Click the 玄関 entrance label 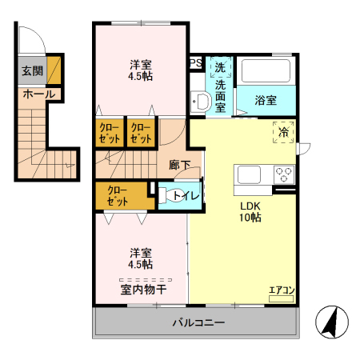pyautogui.click(x=32, y=71)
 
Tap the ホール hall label pyautogui.click(x=38, y=94)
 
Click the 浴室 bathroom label pyautogui.click(x=266, y=100)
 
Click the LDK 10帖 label pyautogui.click(x=251, y=210)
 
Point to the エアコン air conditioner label pyautogui.click(x=282, y=290)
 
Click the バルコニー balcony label pyautogui.click(x=198, y=323)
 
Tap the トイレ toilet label pyautogui.click(x=185, y=195)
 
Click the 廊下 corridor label pyautogui.click(x=179, y=165)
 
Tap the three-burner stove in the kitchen pyautogui.click(x=283, y=174)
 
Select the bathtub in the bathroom pyautogui.click(x=266, y=71)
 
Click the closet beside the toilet pyautogui.click(x=118, y=196)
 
